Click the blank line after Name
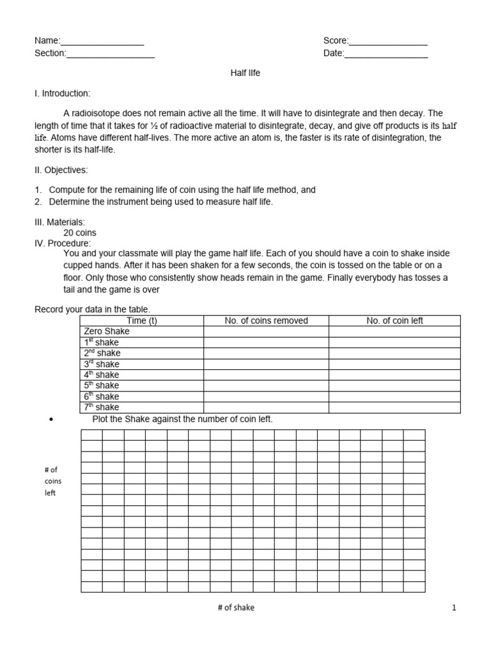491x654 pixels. click(102, 42)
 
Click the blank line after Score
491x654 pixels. click(388, 42)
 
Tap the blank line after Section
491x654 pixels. click(110, 54)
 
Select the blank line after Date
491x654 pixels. click(386, 54)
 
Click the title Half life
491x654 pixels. click(245, 73)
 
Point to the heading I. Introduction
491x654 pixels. click(62, 93)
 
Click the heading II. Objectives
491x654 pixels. click(61, 171)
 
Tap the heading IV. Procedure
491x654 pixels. click(63, 243)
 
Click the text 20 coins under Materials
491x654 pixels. click(80, 233)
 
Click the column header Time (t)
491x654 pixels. click(142, 321)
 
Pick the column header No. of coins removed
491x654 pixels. click(266, 321)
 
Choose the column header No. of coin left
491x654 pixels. click(394, 321)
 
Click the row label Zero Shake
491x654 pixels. click(106, 331)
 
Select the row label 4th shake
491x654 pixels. click(102, 375)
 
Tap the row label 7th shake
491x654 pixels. click(102, 407)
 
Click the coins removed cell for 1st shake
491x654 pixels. click(266, 342)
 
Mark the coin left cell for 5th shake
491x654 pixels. click(394, 386)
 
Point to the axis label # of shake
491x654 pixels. click(235, 608)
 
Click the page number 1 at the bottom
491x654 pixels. click(454, 609)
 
